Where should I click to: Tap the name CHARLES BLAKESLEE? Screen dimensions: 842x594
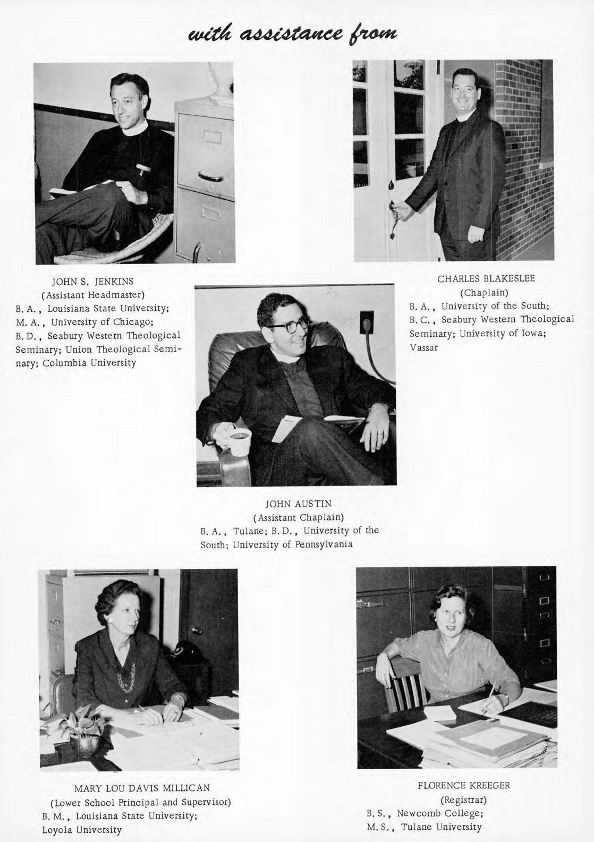click(x=486, y=278)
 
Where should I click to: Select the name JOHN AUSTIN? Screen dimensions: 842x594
click(x=298, y=503)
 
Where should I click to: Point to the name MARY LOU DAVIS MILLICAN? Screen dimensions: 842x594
click(x=142, y=788)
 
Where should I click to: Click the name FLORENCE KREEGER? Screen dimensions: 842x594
click(x=464, y=785)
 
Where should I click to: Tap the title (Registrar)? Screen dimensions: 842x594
click(x=463, y=799)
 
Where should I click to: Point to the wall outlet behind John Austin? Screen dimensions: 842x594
click(x=367, y=323)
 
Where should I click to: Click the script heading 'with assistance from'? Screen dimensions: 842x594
click(x=296, y=35)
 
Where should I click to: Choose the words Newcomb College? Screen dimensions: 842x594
click(x=439, y=813)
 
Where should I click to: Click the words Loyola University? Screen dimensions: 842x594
click(x=82, y=829)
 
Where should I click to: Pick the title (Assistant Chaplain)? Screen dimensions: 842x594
click(x=298, y=516)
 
